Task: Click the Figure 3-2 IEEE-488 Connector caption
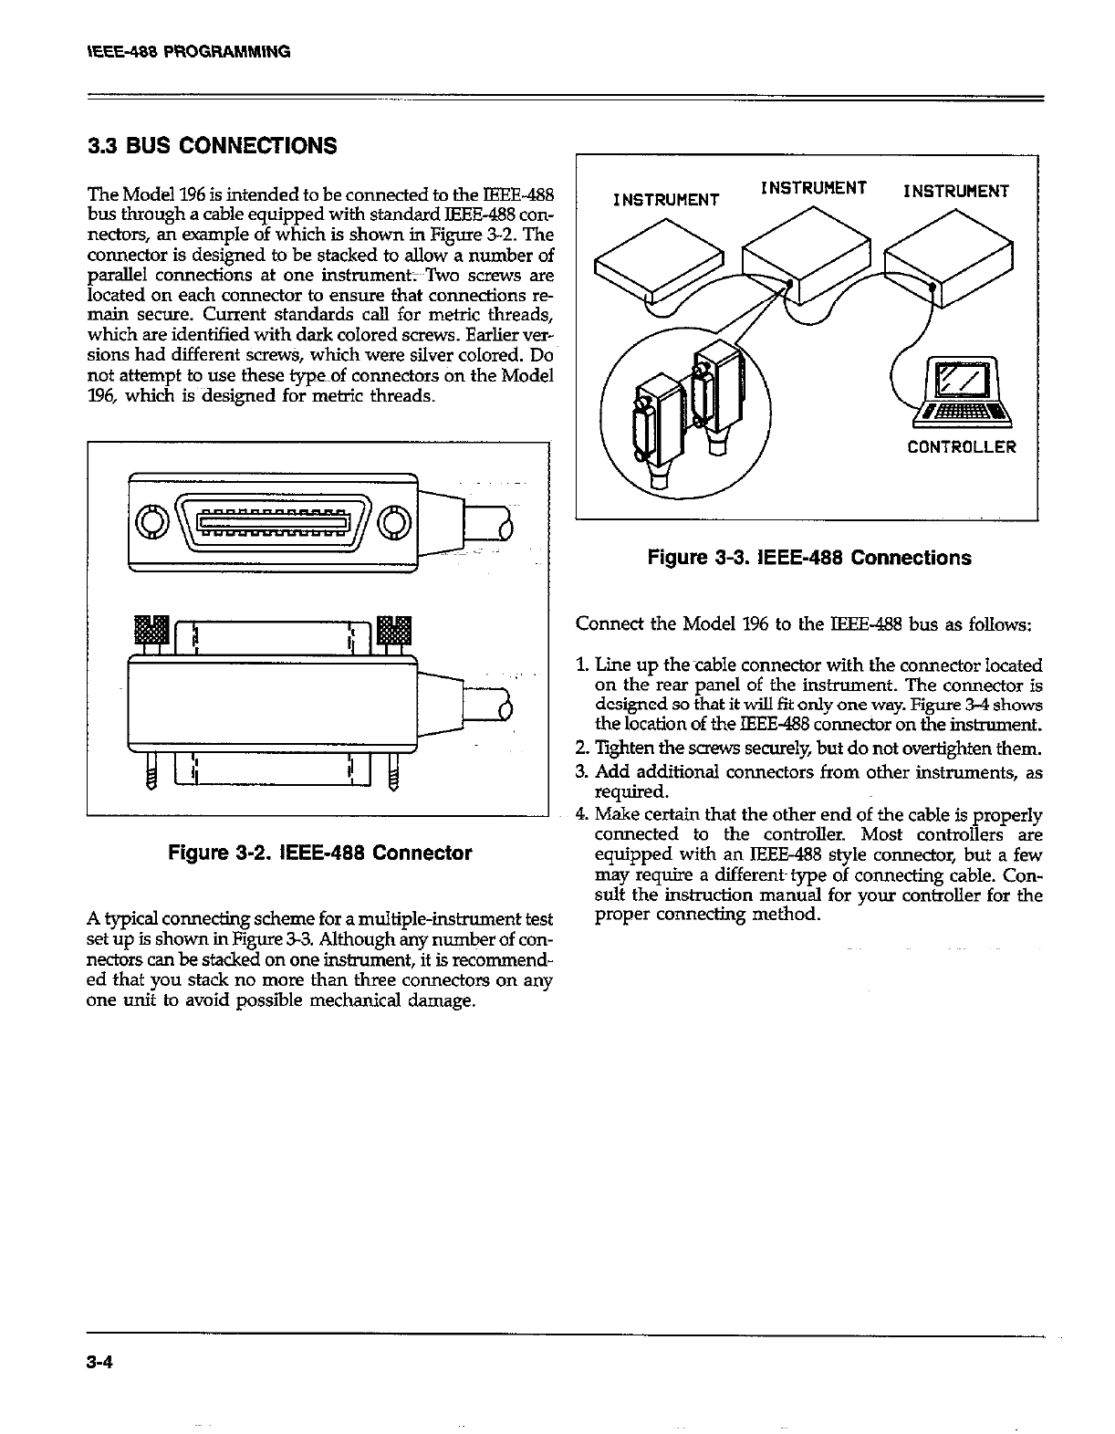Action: [319, 853]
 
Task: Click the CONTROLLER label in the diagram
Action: [961, 447]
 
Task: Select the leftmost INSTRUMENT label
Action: [666, 199]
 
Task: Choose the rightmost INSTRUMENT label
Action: [955, 191]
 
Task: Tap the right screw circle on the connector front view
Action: [393, 522]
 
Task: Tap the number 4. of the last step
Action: [582, 814]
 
